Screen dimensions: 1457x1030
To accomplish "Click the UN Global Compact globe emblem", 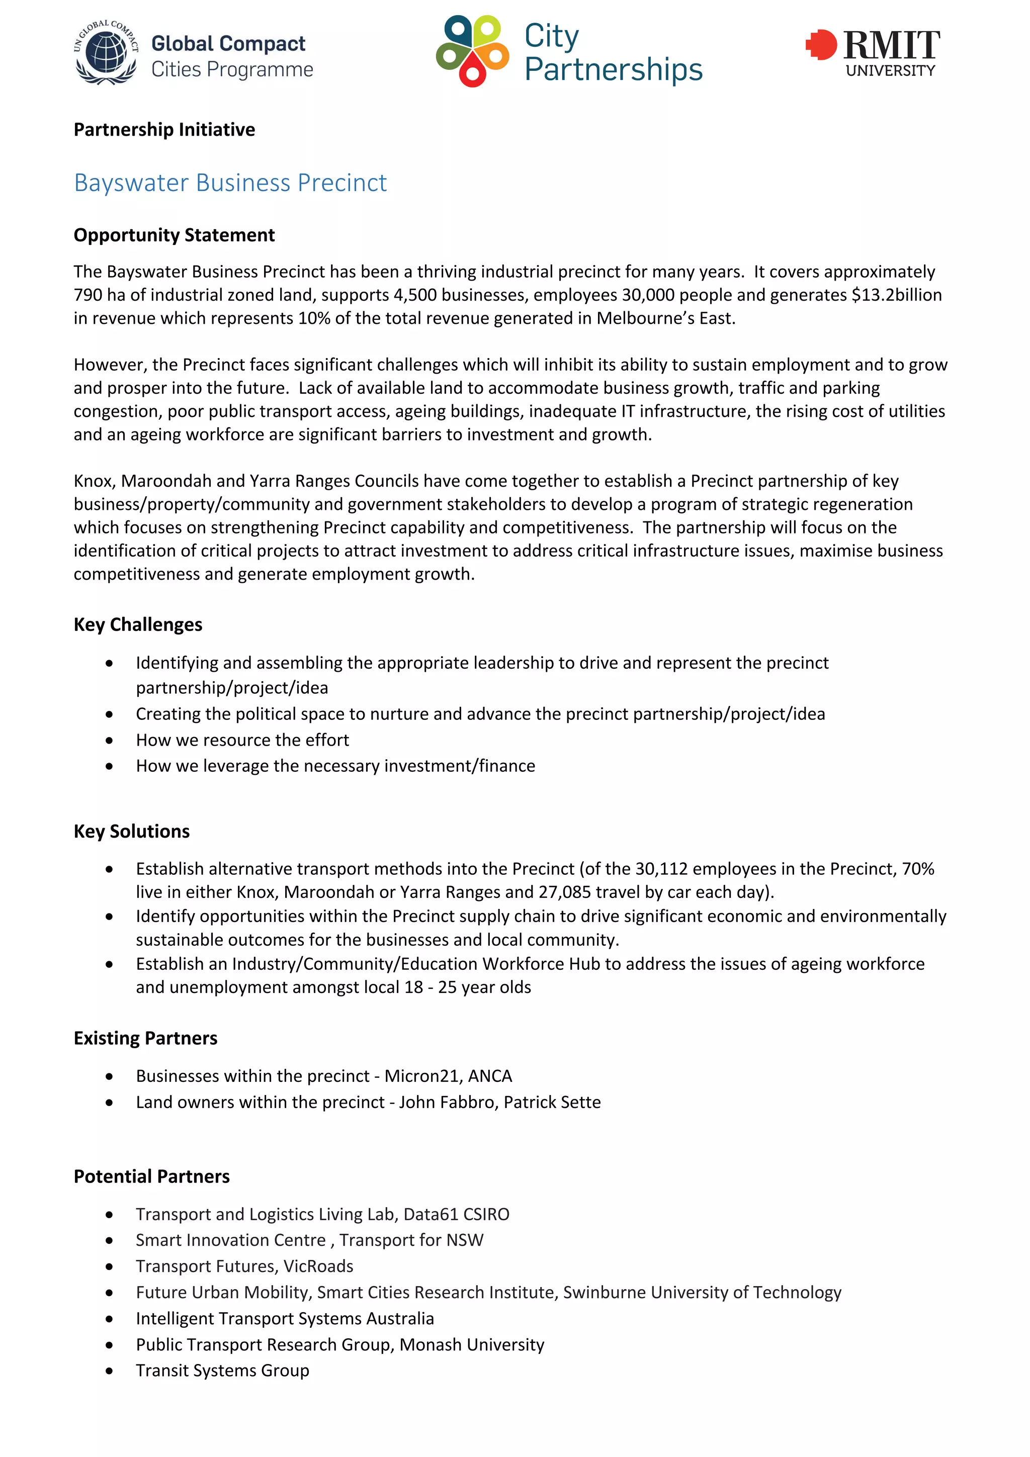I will coord(106,52).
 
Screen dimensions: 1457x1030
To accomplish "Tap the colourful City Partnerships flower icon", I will coord(472,51).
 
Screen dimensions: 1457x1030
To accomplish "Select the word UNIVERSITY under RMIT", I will coord(890,70).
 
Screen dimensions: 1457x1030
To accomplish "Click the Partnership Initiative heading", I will coord(164,129).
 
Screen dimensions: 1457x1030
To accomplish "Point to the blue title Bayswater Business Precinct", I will coord(230,183).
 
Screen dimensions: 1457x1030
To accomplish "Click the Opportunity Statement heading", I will coord(174,235).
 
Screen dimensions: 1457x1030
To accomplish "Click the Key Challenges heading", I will coord(138,624).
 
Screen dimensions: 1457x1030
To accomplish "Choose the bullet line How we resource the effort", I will coord(242,740).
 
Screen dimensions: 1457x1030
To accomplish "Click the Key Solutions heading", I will coord(131,831).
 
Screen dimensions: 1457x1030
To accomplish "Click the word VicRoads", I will coord(318,1266).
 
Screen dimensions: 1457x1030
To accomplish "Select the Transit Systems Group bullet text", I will coord(222,1371).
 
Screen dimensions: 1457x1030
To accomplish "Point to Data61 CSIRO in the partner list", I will coord(456,1215).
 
